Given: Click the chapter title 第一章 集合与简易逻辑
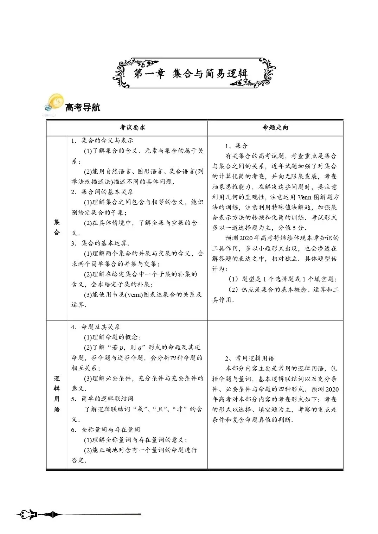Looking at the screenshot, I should coord(191,74).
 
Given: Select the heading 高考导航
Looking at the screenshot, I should coord(83,107).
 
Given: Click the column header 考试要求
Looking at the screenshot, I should coord(132,127).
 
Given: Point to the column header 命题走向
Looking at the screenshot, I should coord(275,127).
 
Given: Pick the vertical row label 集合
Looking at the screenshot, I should coord(57,227).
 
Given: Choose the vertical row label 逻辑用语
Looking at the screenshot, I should coord(57,394).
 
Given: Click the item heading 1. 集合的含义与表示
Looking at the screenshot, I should coord(102,140).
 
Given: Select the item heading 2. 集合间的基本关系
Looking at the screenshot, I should coord(102,192).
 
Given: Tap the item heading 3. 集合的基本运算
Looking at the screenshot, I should coord(100,243).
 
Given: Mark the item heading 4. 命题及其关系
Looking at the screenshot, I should coord(95,327).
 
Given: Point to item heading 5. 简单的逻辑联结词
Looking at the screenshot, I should coord(102,399).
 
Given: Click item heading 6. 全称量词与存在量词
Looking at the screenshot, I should coord(105,430).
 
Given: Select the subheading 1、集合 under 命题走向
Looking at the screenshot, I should coord(237,146).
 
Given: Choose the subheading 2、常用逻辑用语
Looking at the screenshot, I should coord(250,358).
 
